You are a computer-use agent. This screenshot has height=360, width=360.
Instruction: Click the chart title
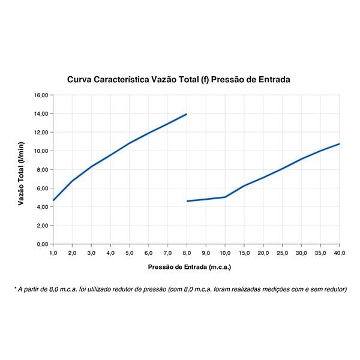[179, 79]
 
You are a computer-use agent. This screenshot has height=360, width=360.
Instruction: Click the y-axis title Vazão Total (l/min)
[21, 173]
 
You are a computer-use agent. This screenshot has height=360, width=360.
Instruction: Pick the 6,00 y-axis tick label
[41, 188]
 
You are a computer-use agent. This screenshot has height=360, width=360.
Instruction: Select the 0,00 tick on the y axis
[41, 244]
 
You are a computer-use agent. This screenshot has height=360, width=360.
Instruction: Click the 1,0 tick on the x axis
[53, 253]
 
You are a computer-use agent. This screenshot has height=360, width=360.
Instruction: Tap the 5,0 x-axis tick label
[129, 253]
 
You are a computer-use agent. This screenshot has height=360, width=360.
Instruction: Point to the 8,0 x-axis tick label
[187, 253]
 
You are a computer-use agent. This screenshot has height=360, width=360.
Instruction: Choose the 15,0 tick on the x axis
[244, 253]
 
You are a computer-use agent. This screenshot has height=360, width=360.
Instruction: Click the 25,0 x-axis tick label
[283, 253]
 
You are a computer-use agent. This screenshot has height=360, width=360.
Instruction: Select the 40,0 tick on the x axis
[340, 253]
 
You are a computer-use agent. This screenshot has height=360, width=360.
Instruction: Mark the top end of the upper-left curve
[187, 114]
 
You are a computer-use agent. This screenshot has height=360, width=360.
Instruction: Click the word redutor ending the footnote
[335, 289]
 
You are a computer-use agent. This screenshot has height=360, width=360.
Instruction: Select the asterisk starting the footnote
[15, 288]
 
